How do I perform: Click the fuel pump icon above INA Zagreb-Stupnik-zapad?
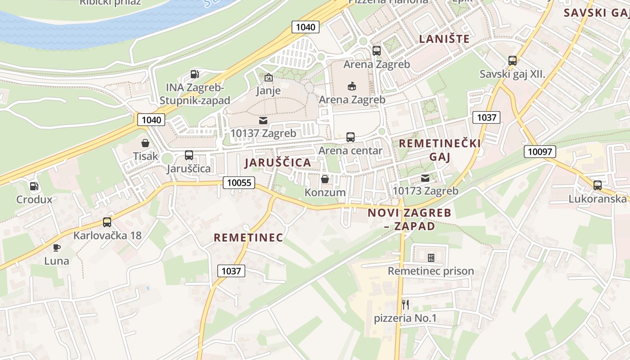[194, 74]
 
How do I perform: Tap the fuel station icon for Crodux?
[34, 186]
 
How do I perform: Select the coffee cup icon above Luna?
[57, 247]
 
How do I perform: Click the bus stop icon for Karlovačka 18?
[107, 222]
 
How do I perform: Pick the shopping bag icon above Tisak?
[145, 143]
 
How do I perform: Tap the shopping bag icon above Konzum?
[325, 179]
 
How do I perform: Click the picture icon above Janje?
[268, 77]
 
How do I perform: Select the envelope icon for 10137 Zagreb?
[263, 120]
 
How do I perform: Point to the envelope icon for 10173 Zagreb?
[425, 178]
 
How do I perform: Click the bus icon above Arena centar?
[351, 137]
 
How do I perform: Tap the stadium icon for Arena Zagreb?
[352, 86]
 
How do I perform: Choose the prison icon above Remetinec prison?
[431, 257]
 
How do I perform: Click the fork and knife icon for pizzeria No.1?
[405, 305]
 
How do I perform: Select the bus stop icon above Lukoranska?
[598, 185]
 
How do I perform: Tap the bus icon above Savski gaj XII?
[512, 61]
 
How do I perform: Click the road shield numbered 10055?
[239, 182]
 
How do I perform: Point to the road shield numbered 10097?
[540, 152]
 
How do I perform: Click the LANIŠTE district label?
[444, 39]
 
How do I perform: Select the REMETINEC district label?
[248, 238]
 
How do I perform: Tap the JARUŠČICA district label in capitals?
[278, 163]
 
